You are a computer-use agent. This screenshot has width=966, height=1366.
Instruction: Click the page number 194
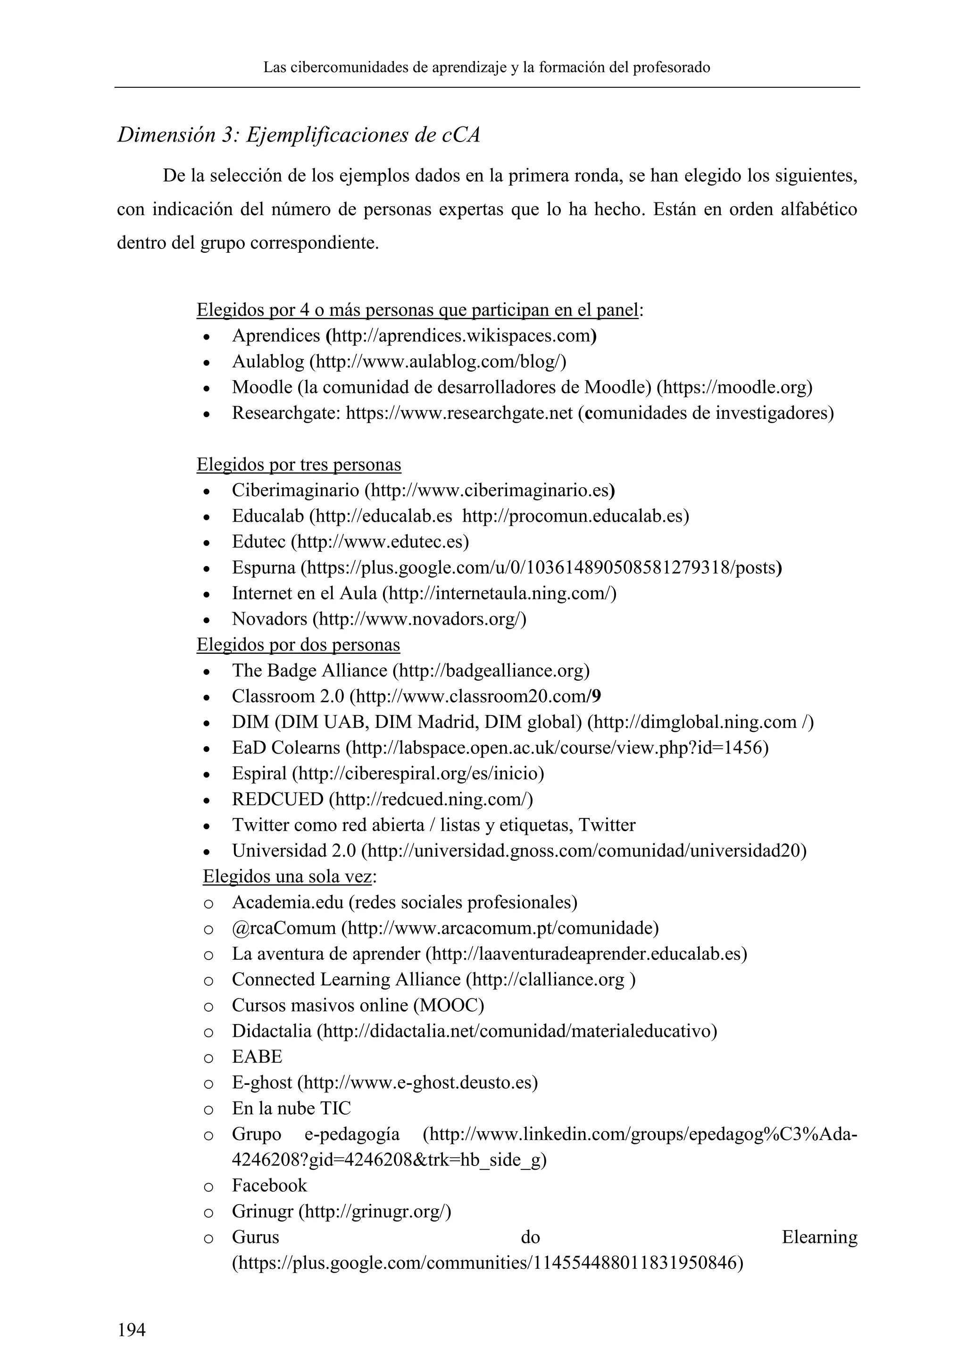pyautogui.click(x=132, y=1329)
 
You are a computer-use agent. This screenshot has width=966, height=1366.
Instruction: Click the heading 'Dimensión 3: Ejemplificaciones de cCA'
pyautogui.click(x=298, y=135)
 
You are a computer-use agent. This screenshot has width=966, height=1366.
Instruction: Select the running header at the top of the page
pyautogui.click(x=487, y=67)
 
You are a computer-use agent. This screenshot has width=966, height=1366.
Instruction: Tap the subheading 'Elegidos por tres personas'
pyautogui.click(x=299, y=464)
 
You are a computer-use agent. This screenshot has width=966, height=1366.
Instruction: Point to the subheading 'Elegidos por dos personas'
pyautogui.click(x=298, y=644)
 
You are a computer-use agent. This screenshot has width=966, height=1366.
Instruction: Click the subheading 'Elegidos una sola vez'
pyautogui.click(x=287, y=876)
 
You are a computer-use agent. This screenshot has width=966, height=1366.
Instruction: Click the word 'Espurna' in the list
pyautogui.click(x=264, y=567)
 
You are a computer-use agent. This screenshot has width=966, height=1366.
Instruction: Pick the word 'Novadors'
pyautogui.click(x=269, y=619)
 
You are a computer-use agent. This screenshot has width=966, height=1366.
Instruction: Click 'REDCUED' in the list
pyautogui.click(x=277, y=799)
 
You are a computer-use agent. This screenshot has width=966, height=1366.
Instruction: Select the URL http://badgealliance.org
pyautogui.click(x=491, y=671)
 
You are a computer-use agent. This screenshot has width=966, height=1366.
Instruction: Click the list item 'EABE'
pyautogui.click(x=257, y=1057)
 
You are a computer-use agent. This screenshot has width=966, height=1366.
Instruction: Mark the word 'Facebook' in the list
pyautogui.click(x=269, y=1186)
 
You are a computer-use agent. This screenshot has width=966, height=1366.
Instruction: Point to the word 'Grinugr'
pyautogui.click(x=262, y=1211)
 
